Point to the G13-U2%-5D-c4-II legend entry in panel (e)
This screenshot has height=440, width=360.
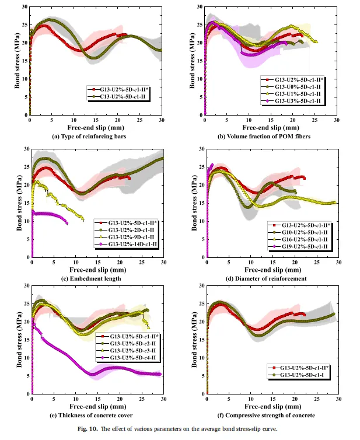(x=129, y=358)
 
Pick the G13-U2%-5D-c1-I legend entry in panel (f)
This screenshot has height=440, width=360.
(x=301, y=375)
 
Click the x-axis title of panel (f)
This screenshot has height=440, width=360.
(x=272, y=406)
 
